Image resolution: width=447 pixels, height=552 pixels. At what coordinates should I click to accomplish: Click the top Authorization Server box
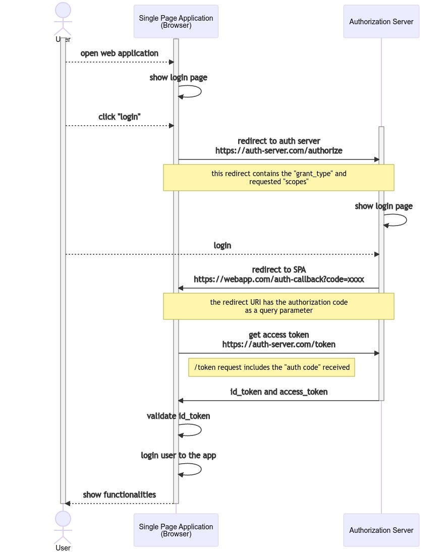(381, 22)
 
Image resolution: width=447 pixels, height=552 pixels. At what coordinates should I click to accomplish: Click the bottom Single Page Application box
(176, 530)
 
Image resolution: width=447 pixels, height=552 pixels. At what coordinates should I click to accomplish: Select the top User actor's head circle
(63, 11)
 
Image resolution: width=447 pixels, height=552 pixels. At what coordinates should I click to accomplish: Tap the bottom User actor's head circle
(63, 519)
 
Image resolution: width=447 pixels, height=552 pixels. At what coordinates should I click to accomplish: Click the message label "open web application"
(119, 53)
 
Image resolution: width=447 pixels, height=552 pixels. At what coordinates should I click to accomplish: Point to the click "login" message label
(119, 117)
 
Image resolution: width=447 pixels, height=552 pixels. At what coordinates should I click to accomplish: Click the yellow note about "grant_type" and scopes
(278, 178)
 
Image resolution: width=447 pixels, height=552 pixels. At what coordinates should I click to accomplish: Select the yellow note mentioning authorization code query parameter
(278, 306)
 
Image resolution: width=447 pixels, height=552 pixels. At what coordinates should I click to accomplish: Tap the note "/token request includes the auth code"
(271, 367)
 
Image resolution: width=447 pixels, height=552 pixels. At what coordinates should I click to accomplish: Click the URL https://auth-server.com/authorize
(278, 150)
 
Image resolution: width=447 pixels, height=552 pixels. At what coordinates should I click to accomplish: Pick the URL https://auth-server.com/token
(278, 345)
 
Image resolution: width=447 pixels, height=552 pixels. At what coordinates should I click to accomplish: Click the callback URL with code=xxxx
(278, 280)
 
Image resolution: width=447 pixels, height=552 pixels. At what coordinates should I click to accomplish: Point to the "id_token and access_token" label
(278, 392)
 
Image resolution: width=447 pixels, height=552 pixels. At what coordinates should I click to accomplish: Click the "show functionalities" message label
(119, 494)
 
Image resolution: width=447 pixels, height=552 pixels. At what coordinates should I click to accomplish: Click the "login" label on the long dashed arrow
(222, 246)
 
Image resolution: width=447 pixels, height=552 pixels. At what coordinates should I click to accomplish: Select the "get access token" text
(278, 335)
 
